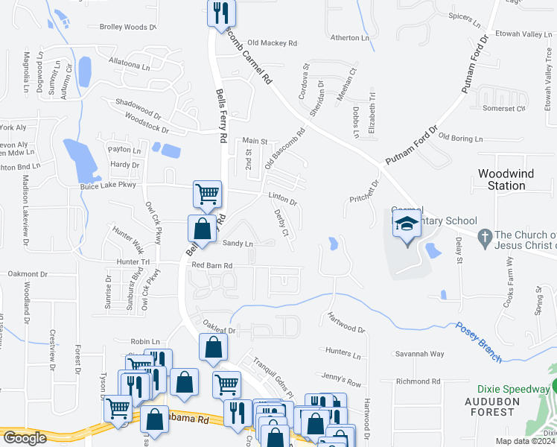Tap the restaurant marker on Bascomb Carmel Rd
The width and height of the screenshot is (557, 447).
(x=221, y=13)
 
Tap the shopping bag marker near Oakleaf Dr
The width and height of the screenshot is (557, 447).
(x=214, y=347)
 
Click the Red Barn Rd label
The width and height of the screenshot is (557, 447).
(x=211, y=265)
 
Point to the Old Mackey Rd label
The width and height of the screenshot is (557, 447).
(x=272, y=43)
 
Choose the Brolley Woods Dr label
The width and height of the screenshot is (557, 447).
(x=128, y=28)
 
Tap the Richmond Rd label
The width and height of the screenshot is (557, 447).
(x=419, y=381)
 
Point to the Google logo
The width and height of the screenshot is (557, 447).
(x=25, y=438)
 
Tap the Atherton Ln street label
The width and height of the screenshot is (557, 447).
(x=349, y=37)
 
